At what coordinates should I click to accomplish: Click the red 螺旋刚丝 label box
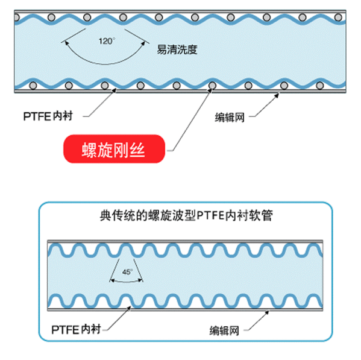(x=114, y=149)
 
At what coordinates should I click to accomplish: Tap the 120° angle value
(x=107, y=41)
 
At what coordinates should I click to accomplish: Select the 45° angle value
(x=127, y=272)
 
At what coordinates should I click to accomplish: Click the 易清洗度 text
(x=177, y=49)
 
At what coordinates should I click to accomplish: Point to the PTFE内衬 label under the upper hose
(x=48, y=116)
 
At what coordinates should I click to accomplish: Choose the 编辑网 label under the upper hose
(x=230, y=117)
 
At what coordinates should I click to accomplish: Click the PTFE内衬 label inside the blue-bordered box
(x=76, y=330)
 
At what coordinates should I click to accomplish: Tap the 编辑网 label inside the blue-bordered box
(x=224, y=330)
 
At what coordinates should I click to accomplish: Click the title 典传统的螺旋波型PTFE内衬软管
(x=186, y=216)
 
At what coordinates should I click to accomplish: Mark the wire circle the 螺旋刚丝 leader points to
(x=212, y=86)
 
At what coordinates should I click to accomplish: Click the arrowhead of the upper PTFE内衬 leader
(x=114, y=90)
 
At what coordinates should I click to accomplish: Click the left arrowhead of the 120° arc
(x=67, y=43)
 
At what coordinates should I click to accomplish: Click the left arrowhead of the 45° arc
(x=112, y=280)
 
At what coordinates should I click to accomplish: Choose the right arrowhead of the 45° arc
(x=140, y=280)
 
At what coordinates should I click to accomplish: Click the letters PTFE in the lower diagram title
(x=210, y=216)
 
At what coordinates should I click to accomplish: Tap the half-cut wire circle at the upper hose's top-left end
(x=17, y=17)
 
